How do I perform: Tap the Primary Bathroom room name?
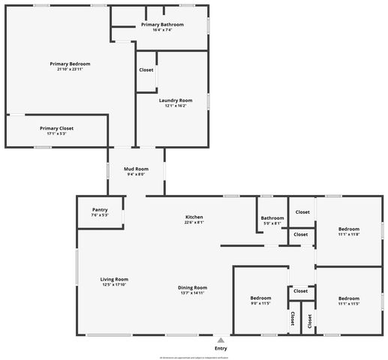(162, 25)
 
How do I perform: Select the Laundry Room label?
(176, 100)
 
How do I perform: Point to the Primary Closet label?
(57, 128)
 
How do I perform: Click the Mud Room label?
(136, 169)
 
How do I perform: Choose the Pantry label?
(100, 209)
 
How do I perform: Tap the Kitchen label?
(194, 217)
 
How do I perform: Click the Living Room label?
(115, 279)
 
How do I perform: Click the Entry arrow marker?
(221, 340)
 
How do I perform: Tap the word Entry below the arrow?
(221, 349)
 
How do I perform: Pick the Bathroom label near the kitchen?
(272, 217)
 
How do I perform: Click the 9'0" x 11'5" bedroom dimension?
(260, 304)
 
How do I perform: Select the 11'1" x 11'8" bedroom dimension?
(349, 234)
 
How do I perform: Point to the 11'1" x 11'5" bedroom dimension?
(349, 304)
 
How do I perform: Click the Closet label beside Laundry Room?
(146, 70)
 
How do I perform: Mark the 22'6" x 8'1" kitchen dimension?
(194, 222)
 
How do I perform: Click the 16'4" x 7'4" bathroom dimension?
(162, 30)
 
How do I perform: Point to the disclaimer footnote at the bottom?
(194, 358)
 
